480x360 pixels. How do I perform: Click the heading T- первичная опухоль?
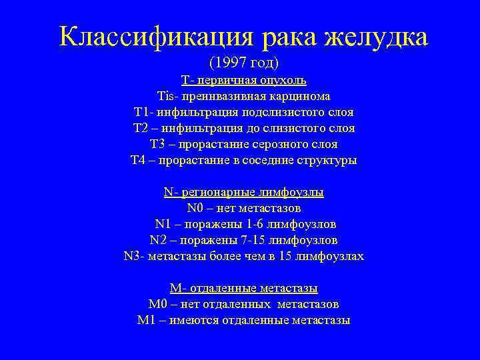coord(244,81)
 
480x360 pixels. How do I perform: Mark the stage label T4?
coord(139,160)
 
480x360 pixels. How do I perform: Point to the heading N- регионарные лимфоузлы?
coord(244,193)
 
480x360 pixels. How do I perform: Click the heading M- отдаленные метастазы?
coord(244,289)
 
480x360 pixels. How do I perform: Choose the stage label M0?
coord(157,305)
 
